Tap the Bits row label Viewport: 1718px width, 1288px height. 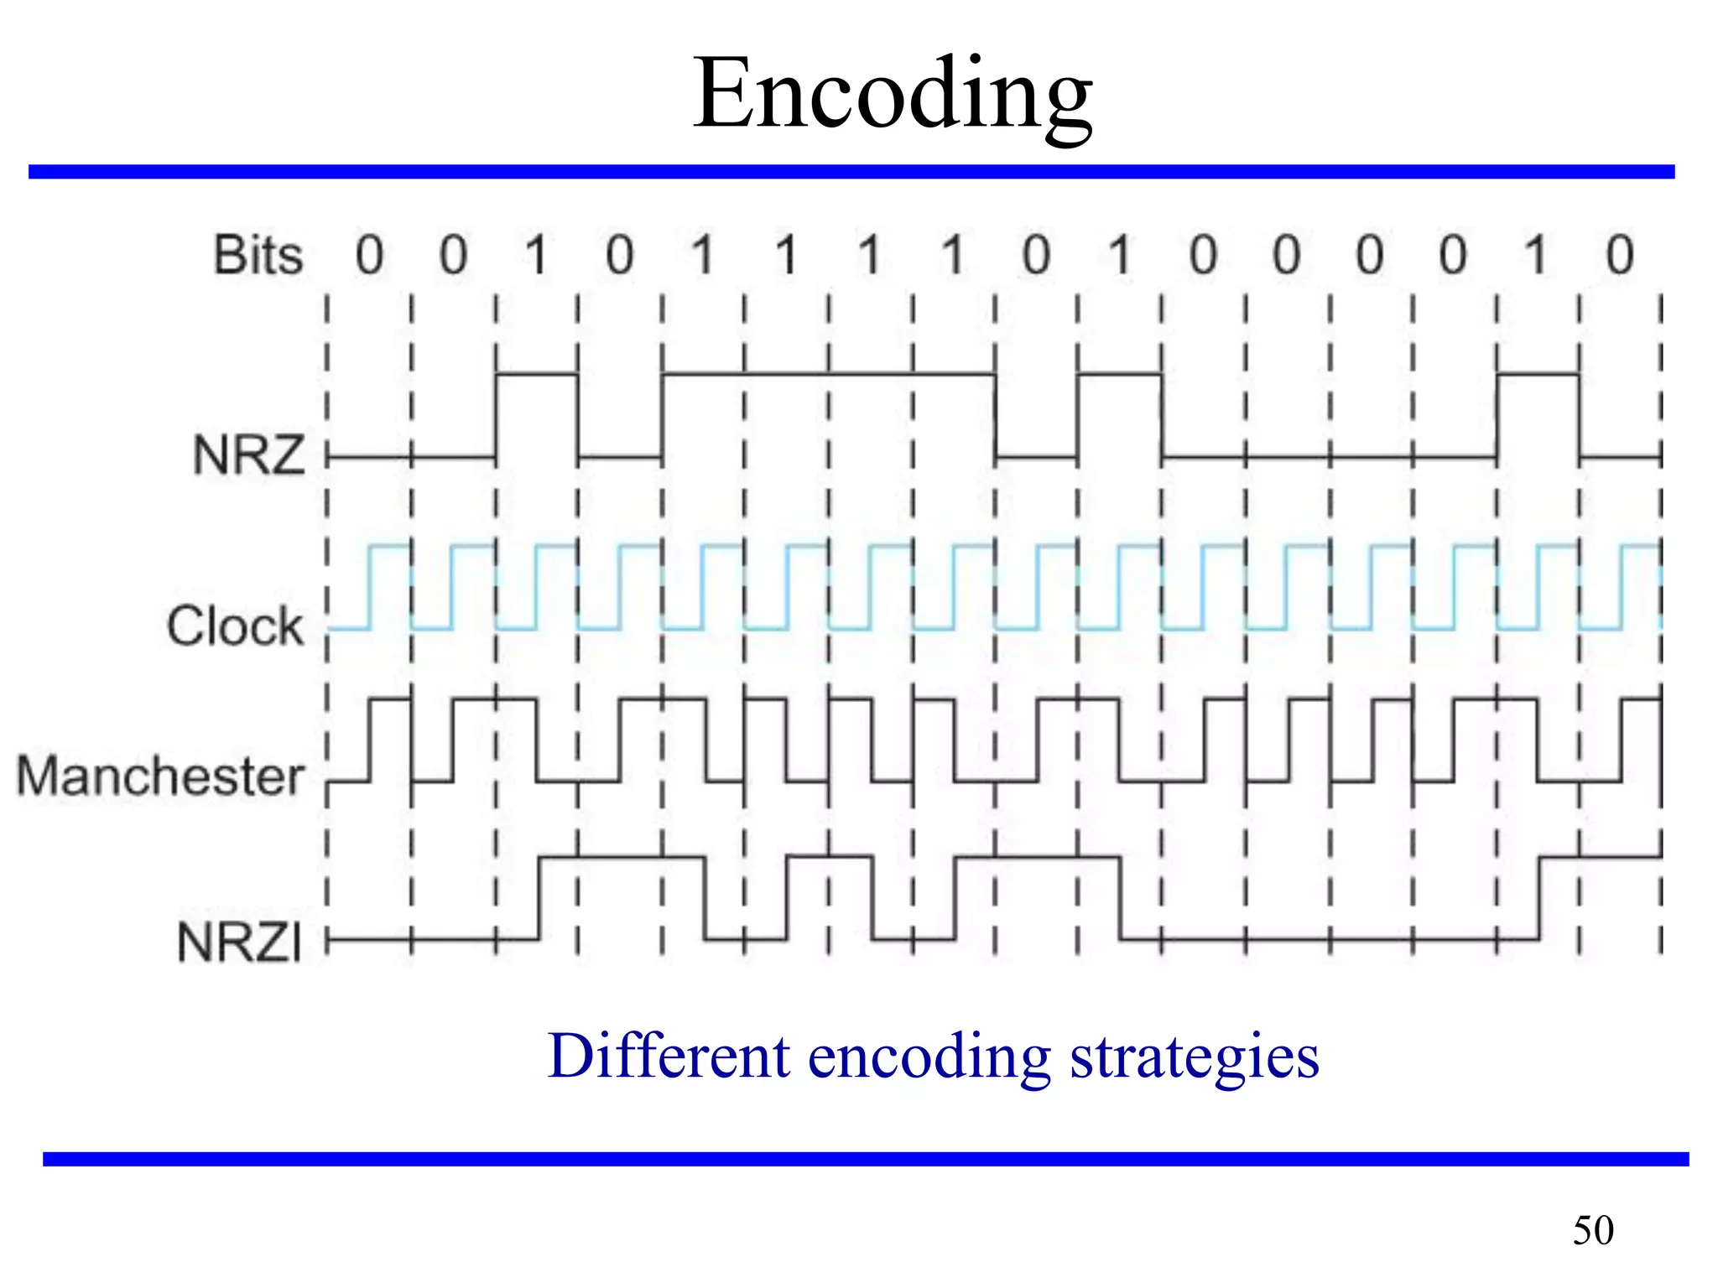(258, 255)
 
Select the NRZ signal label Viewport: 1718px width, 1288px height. (249, 455)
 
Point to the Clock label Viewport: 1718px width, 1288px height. (235, 626)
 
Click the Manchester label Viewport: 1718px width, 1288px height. (160, 776)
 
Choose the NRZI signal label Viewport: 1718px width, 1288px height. (239, 942)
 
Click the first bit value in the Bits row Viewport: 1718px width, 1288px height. (369, 255)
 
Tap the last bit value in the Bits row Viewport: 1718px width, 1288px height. (1620, 255)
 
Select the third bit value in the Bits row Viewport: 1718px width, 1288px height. (536, 255)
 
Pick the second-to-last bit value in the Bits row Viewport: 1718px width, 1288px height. (1536, 255)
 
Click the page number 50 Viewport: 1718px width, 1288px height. (1593, 1230)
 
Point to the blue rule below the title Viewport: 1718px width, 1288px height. (851, 172)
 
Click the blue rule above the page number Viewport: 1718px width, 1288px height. (866, 1159)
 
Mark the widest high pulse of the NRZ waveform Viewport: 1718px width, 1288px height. (829, 373)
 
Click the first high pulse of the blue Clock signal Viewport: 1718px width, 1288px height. (390, 547)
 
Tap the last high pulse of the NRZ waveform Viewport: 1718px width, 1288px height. (1538, 373)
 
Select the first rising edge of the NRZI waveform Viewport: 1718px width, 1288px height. (539, 897)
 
